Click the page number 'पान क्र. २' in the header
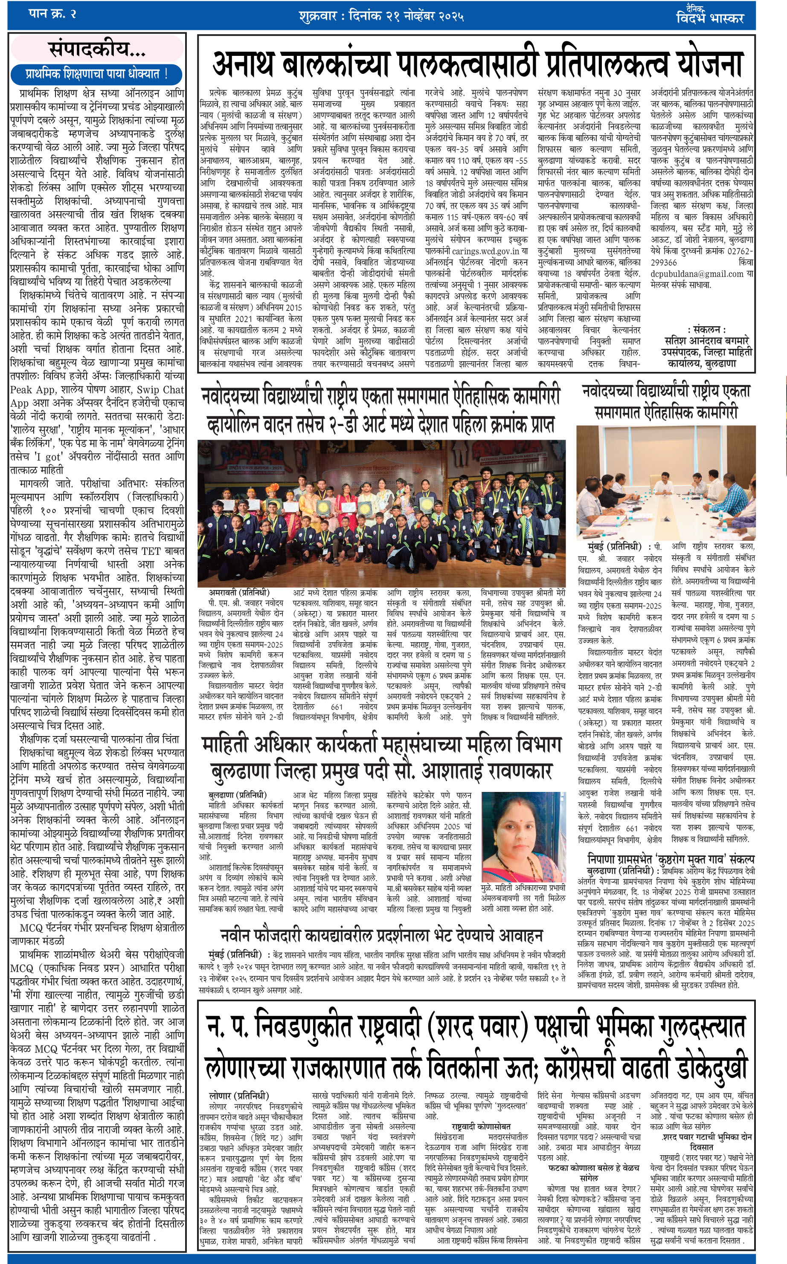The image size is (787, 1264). [52, 14]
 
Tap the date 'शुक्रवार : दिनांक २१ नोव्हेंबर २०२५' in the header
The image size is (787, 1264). [381, 16]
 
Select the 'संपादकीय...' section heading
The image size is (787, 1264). [97, 49]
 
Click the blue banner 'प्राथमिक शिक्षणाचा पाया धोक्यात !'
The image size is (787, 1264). [97, 74]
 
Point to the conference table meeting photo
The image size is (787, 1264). [665, 482]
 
